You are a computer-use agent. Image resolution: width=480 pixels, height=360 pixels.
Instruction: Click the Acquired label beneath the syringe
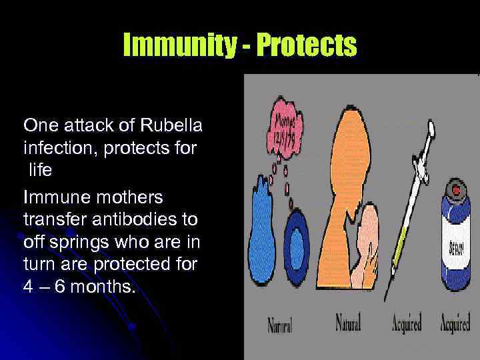pos(406,325)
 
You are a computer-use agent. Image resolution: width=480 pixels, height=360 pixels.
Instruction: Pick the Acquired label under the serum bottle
pos(455,325)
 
